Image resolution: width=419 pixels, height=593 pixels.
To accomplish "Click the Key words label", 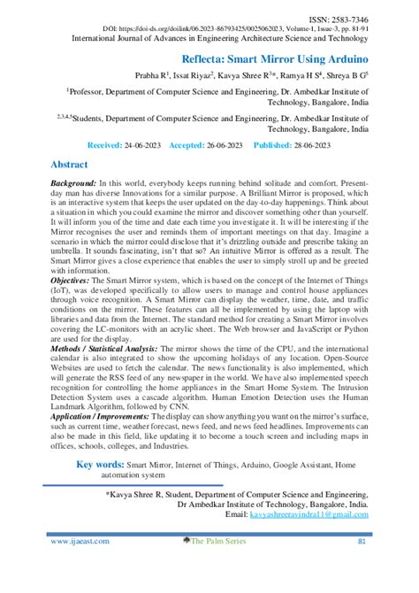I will pos(100,465).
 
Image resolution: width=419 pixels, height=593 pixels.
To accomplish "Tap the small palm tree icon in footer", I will pos(187,540).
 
